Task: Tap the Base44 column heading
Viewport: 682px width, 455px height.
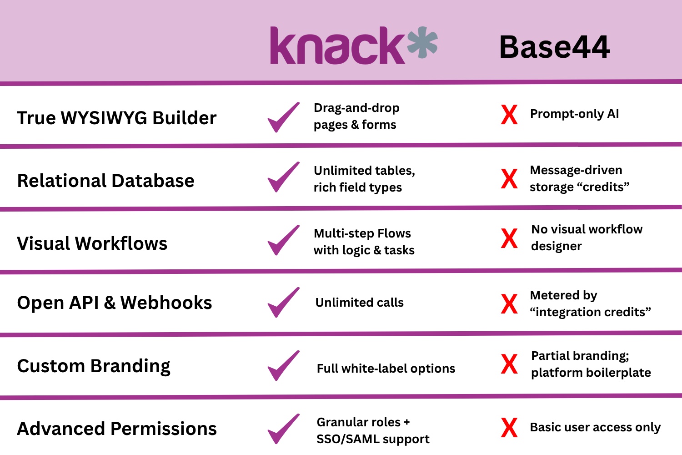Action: coord(554,47)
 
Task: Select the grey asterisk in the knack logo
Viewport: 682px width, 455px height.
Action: coord(422,43)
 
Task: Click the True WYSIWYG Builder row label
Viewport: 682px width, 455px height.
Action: coord(117,118)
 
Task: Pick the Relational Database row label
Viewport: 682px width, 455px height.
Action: coord(106,181)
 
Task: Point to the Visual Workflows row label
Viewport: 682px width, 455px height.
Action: coord(92,243)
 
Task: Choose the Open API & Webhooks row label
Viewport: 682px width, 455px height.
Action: coord(115,303)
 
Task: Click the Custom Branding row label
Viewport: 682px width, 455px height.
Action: coord(94,366)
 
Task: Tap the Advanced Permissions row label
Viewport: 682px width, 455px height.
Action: coord(117,429)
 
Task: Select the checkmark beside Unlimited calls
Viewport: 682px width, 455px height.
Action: coord(283,303)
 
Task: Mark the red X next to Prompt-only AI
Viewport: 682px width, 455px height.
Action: coord(509,115)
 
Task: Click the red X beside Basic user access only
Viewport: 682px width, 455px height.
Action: coord(509,428)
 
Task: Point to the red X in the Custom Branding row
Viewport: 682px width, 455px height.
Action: coord(509,364)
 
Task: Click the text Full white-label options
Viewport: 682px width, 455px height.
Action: coord(386,369)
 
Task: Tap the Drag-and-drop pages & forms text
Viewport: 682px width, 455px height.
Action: coord(356,116)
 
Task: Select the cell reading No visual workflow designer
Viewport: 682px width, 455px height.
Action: coord(587,238)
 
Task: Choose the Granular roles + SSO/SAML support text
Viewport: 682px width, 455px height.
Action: coord(373,430)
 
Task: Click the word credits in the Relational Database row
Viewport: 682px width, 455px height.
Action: coord(603,187)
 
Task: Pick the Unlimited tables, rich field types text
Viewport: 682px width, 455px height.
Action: coord(364,179)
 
